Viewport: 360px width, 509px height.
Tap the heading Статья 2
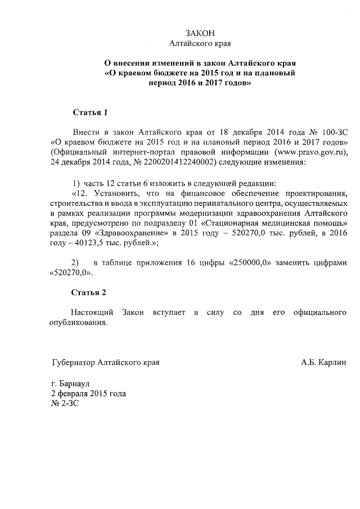point(89,292)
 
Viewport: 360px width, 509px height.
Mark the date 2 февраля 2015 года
point(88,394)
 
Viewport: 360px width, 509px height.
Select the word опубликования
point(78,323)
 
